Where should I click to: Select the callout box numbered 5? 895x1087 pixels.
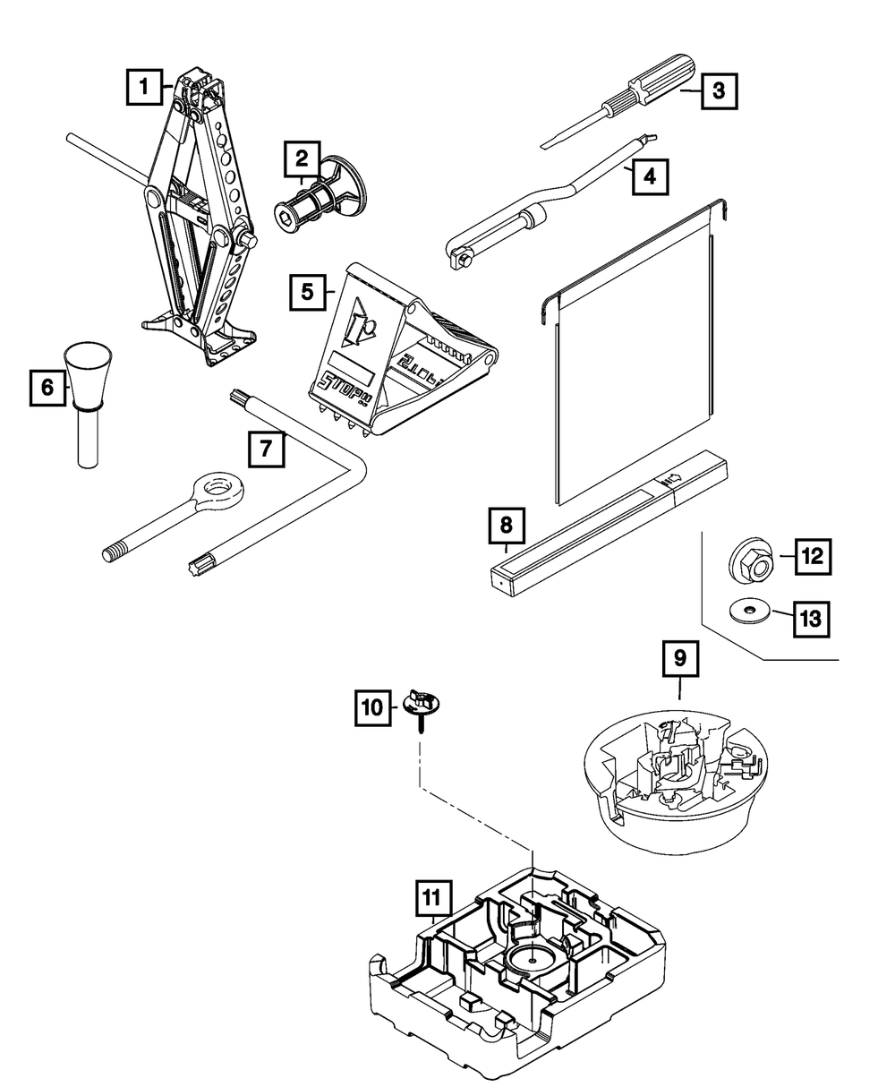click(x=308, y=292)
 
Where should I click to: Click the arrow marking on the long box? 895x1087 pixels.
click(x=672, y=482)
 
